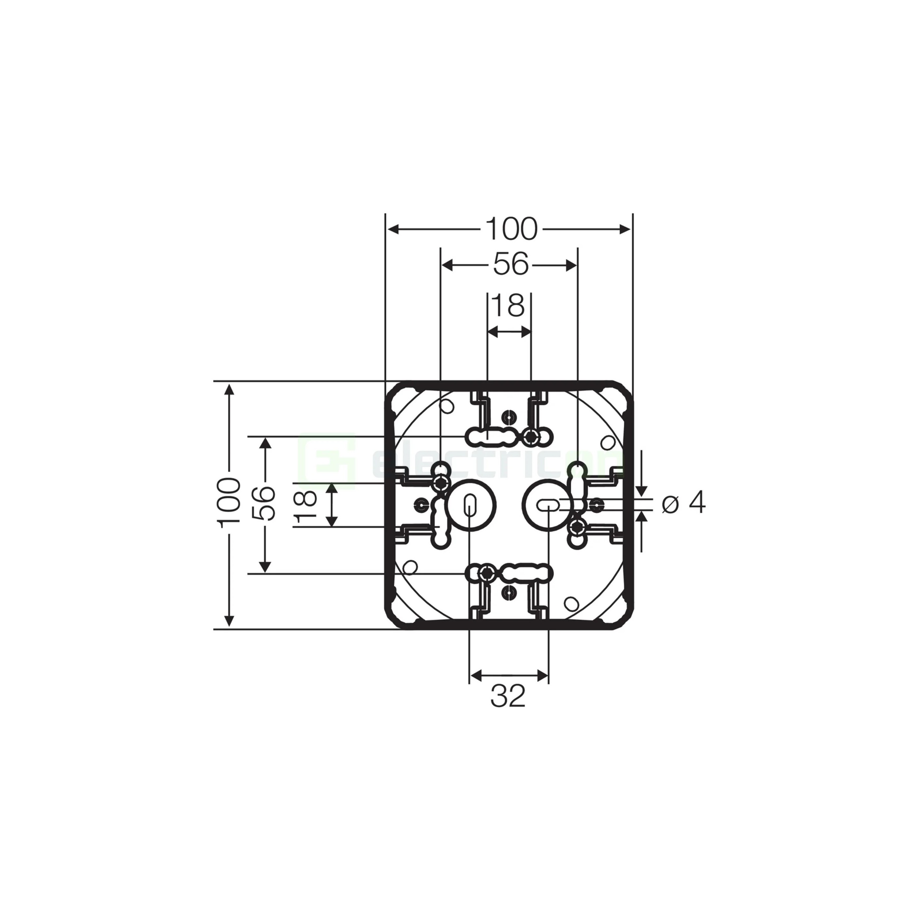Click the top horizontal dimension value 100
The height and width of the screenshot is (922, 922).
(x=512, y=229)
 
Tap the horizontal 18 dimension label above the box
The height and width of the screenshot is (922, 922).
(x=509, y=305)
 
